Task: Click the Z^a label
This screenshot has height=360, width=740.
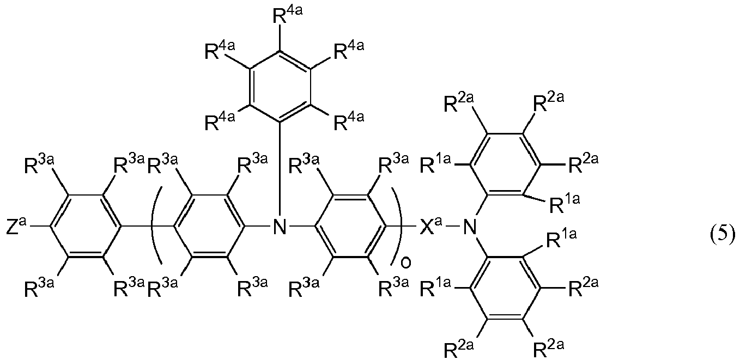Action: (x=16, y=227)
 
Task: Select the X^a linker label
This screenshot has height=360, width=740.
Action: (x=430, y=227)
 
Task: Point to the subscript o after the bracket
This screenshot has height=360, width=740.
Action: (x=406, y=263)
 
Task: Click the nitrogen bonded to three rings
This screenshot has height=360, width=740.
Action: (x=280, y=227)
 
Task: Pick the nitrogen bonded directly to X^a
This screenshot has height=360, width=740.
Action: (x=469, y=227)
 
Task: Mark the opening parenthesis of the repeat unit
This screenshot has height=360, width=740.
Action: (x=156, y=225)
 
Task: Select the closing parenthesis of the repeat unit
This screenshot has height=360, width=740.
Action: (x=397, y=225)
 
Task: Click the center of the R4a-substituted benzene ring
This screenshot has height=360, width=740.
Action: (x=280, y=87)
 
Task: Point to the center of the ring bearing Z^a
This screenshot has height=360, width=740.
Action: (x=85, y=226)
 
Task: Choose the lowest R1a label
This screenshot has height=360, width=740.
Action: (x=435, y=289)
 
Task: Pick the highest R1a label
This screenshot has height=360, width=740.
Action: (x=435, y=164)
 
